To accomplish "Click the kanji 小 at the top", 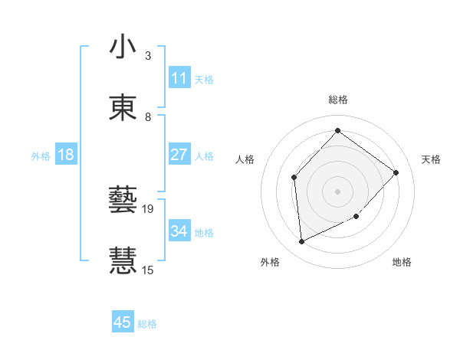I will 123,47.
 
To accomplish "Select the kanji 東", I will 123,106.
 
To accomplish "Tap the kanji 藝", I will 123,201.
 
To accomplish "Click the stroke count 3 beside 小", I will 148,56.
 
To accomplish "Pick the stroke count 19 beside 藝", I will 149,208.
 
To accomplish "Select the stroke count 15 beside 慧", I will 148,270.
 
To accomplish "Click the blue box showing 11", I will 179,78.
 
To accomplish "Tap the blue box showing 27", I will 179,155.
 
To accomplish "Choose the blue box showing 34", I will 179,231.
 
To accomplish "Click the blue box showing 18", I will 66,155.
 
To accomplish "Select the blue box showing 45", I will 123,322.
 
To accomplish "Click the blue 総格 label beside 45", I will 147,324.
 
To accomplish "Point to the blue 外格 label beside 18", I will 41,155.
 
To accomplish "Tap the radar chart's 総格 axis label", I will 338,100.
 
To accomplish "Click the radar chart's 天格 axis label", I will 432,159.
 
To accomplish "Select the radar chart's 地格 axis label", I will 402,262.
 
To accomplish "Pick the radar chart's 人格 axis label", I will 245,159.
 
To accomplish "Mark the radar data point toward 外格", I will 301,242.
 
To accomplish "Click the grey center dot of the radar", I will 337,191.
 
